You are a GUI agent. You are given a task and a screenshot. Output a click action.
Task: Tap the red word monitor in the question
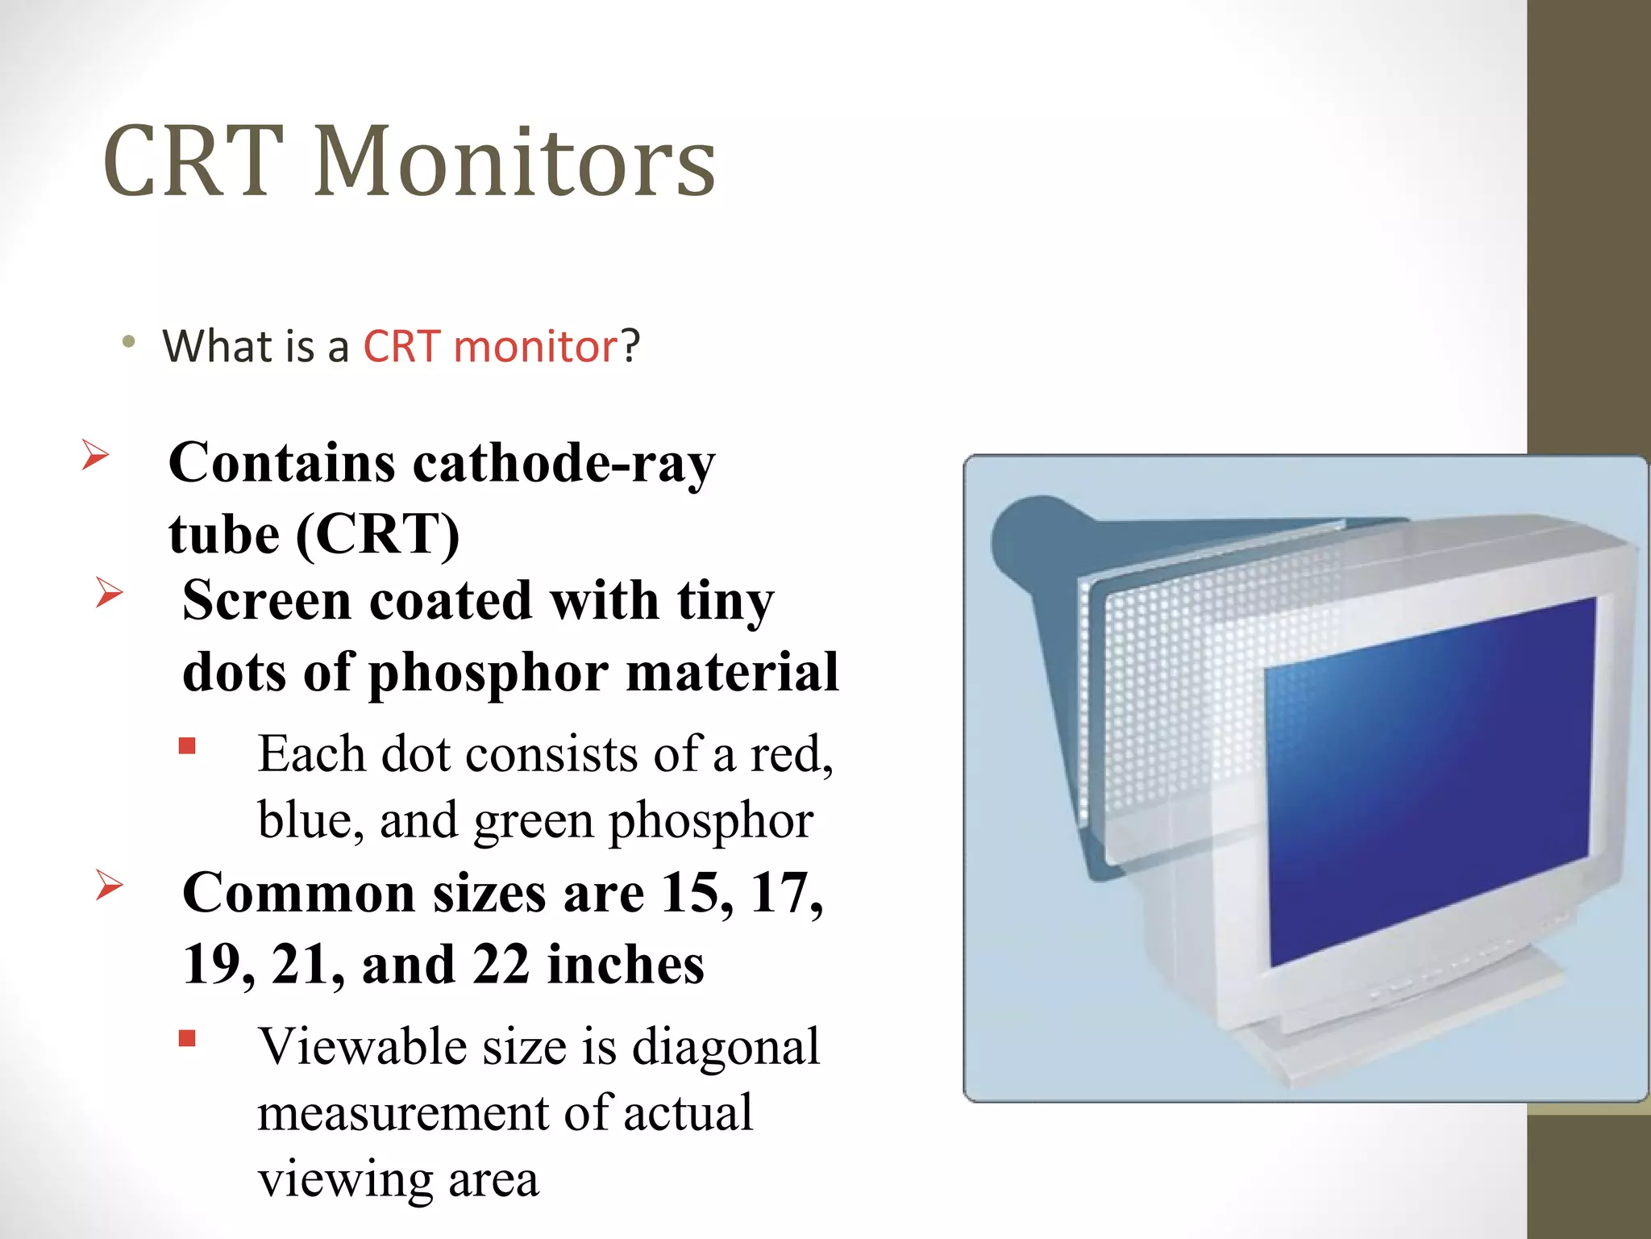(x=535, y=347)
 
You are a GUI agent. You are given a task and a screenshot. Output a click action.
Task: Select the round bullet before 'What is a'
(x=129, y=343)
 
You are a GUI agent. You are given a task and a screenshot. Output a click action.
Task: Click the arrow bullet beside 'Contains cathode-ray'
(x=95, y=456)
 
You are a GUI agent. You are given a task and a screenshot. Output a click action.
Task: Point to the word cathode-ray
(x=564, y=464)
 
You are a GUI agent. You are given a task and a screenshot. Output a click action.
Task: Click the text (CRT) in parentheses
(x=378, y=535)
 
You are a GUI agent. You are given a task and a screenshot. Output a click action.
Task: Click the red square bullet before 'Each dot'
(x=188, y=746)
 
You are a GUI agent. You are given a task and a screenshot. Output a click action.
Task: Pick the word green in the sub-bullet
(x=534, y=821)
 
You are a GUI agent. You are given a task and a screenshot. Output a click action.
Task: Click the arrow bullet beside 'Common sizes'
(x=109, y=885)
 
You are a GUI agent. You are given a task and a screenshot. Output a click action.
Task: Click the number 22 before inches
(x=500, y=965)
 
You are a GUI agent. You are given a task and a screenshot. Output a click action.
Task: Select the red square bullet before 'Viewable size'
(x=188, y=1038)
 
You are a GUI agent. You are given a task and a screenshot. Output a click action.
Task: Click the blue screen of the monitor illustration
(x=1427, y=782)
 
